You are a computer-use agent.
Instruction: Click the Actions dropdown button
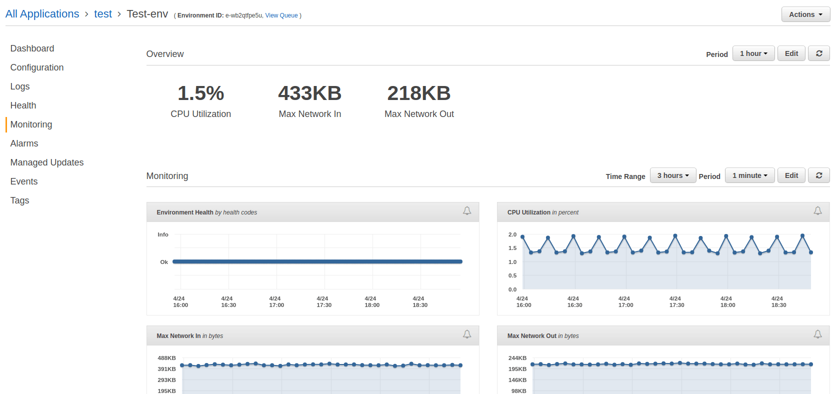coord(805,14)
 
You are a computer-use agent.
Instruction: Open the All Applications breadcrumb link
coord(42,14)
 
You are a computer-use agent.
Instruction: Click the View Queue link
coord(281,15)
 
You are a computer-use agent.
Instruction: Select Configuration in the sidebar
coord(37,67)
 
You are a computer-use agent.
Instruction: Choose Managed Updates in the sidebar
coord(47,162)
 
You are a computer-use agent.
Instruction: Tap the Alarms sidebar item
coord(24,143)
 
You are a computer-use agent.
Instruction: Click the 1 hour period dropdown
coord(753,53)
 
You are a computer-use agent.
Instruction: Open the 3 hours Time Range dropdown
coord(672,175)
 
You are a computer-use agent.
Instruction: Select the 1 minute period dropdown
coord(749,175)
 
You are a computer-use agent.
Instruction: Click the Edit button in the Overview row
coord(791,53)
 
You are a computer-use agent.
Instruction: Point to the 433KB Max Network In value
coord(309,93)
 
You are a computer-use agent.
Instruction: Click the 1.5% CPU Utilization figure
coord(200,93)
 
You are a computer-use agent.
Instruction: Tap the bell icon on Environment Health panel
coord(467,211)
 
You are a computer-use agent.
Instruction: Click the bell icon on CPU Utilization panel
coord(817,211)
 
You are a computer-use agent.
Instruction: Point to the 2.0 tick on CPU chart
coord(512,234)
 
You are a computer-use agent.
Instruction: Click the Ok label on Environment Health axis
coord(164,262)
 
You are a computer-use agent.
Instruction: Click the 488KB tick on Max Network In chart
coord(166,358)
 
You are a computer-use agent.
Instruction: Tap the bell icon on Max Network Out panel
coord(817,334)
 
